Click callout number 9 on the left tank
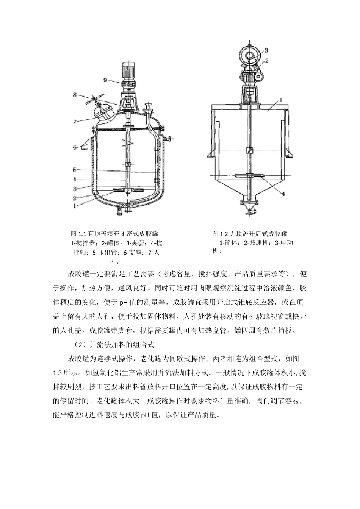105,80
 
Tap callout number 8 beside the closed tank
75,95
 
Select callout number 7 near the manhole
75,122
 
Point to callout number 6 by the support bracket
75,147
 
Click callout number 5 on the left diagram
75,169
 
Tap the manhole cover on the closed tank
104,112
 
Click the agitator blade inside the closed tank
128,190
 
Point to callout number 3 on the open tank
266,50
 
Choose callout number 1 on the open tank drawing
281,100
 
